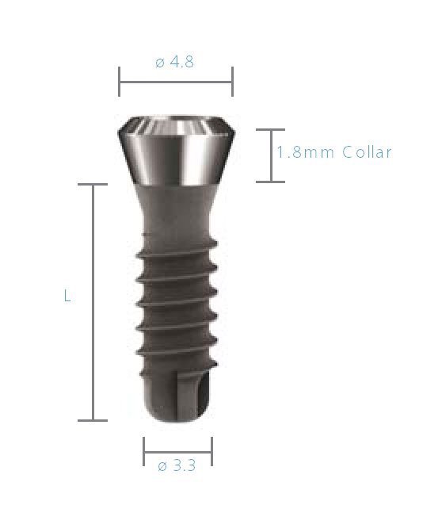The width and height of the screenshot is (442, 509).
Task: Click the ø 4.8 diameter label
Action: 175,61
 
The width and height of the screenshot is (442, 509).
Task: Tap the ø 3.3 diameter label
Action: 177,465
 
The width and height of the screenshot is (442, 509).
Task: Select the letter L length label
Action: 67,297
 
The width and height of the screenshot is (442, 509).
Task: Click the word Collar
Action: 367,152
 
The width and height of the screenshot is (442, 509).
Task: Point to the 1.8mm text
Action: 306,152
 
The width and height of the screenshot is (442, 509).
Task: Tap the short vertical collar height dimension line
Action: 270,155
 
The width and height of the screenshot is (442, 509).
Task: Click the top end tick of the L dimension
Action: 93,185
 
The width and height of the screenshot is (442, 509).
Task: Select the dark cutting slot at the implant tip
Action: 203,396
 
